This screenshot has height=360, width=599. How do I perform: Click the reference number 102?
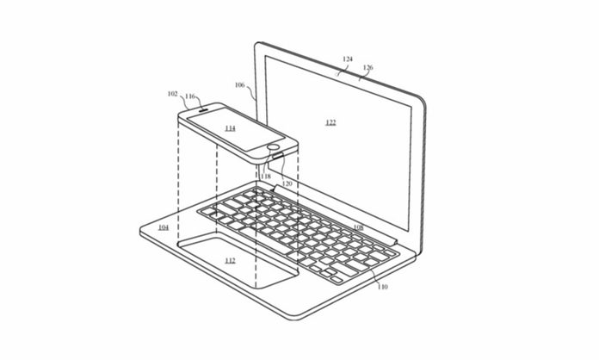173,94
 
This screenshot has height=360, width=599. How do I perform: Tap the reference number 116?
190,96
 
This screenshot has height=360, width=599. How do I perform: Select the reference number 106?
239,85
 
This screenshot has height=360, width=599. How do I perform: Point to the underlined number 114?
230,128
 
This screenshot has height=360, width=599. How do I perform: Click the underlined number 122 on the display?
330,122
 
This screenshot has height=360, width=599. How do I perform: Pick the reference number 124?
348,59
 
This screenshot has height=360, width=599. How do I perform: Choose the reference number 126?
367,67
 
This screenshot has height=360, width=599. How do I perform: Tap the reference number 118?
265,177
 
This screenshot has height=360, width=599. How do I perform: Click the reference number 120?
287,183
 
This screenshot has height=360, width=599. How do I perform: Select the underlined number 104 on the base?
164,227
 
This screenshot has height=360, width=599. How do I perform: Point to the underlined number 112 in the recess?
230,261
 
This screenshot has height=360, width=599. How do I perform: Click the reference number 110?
382,286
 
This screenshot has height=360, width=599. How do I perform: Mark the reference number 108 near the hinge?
358,227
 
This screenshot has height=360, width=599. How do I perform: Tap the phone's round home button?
274,146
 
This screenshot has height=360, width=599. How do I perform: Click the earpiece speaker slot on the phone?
203,109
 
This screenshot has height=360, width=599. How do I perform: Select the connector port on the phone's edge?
278,156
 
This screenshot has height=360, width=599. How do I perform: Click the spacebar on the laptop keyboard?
264,240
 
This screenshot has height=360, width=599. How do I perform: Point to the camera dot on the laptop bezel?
337,75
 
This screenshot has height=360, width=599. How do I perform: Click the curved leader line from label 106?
251,91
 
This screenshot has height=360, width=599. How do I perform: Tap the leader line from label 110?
374,276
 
